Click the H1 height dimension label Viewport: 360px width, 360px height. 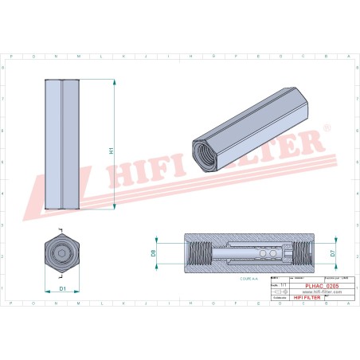[112, 150]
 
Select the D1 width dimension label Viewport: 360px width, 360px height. [63, 288]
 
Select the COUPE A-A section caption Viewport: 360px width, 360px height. [249, 280]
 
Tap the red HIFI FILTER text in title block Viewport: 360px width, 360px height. [307, 297]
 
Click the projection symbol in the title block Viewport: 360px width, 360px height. [278, 292]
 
